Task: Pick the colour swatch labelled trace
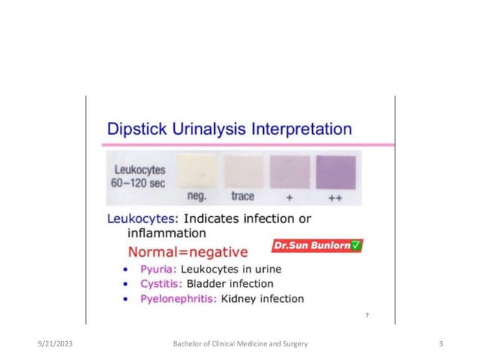243,169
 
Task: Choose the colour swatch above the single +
289,169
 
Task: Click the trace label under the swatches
243,196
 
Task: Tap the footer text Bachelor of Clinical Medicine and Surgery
240,344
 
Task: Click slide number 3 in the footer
441,344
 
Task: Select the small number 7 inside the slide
366,316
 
